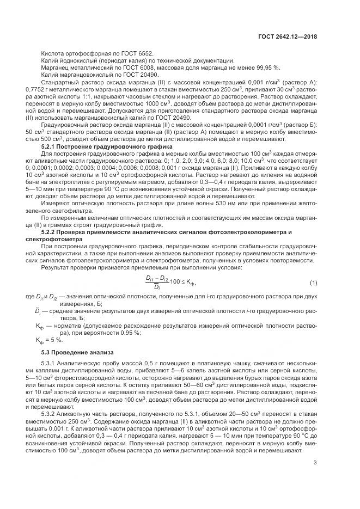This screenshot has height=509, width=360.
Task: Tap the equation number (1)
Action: [x=313, y=283]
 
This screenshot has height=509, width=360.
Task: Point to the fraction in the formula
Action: [x=156, y=283]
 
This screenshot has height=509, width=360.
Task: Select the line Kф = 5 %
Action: [x=49, y=339]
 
